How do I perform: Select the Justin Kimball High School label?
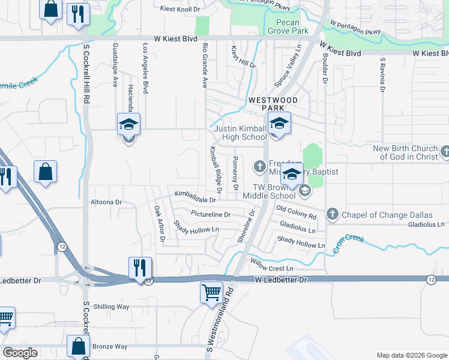[x=240, y=133]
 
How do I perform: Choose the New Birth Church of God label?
[x=406, y=152]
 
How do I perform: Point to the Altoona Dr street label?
[x=105, y=203]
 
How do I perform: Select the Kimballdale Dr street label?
[x=195, y=195]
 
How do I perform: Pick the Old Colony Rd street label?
[x=296, y=211]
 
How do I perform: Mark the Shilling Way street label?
[x=111, y=307]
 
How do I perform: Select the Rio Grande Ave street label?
[x=205, y=65]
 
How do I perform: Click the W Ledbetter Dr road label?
[x=280, y=280]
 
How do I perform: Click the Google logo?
[x=20, y=353]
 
